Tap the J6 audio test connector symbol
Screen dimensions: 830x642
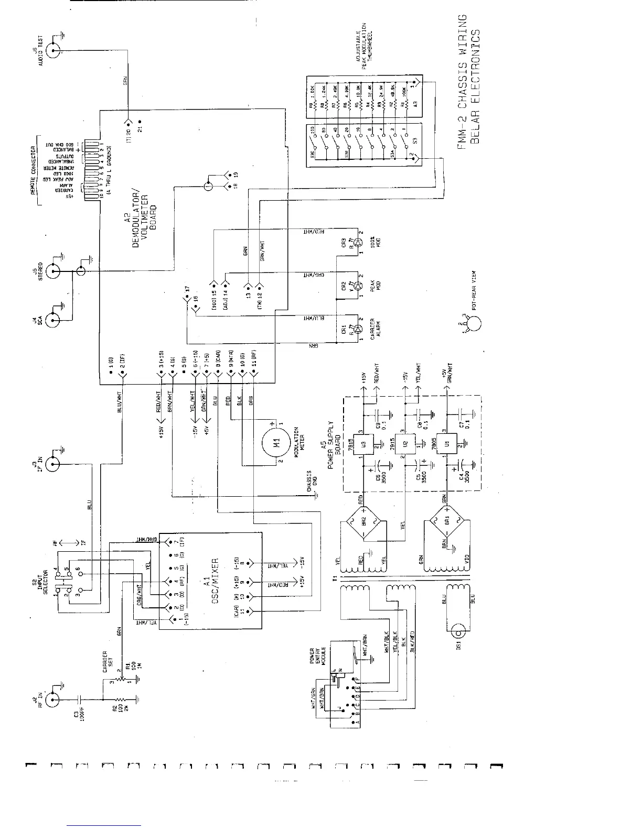click(53, 50)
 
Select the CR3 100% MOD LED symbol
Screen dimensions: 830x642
click(358, 243)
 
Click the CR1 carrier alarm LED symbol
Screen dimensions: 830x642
click(358, 329)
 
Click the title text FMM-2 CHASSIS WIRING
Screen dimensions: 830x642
click(462, 82)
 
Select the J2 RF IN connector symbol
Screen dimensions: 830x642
click(53, 700)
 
